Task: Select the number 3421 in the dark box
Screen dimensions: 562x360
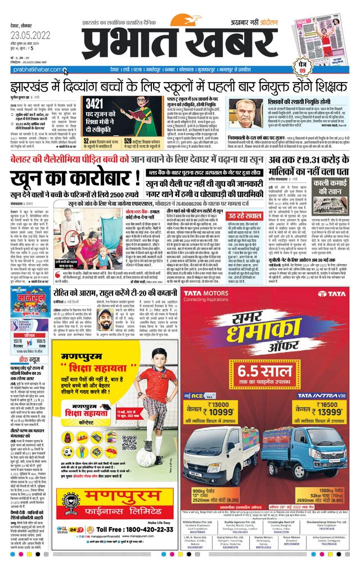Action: click(94, 103)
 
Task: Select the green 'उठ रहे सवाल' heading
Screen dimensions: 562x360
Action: click(244, 216)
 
